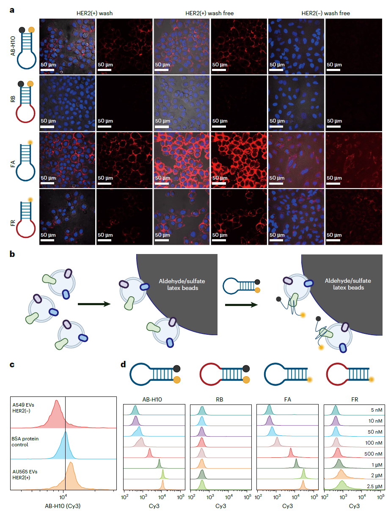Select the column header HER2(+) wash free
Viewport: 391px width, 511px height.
click(x=210, y=13)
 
